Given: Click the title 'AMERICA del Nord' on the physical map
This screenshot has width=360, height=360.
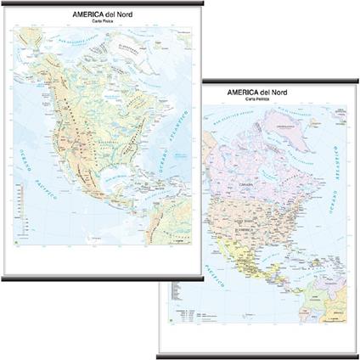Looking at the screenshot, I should click(101, 14).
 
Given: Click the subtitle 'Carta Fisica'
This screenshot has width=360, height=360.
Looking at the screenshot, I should click(101, 22).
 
